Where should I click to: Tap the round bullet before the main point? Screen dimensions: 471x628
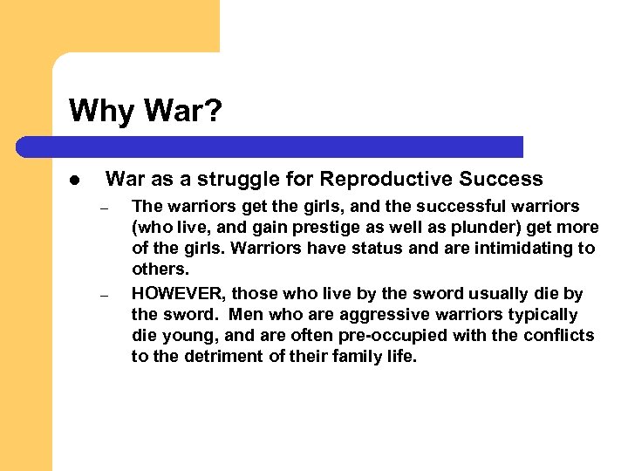click(x=75, y=181)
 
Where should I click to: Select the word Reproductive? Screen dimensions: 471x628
click(x=378, y=180)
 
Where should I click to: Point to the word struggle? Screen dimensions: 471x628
click(x=238, y=180)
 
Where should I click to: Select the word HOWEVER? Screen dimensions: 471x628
click(x=179, y=294)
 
